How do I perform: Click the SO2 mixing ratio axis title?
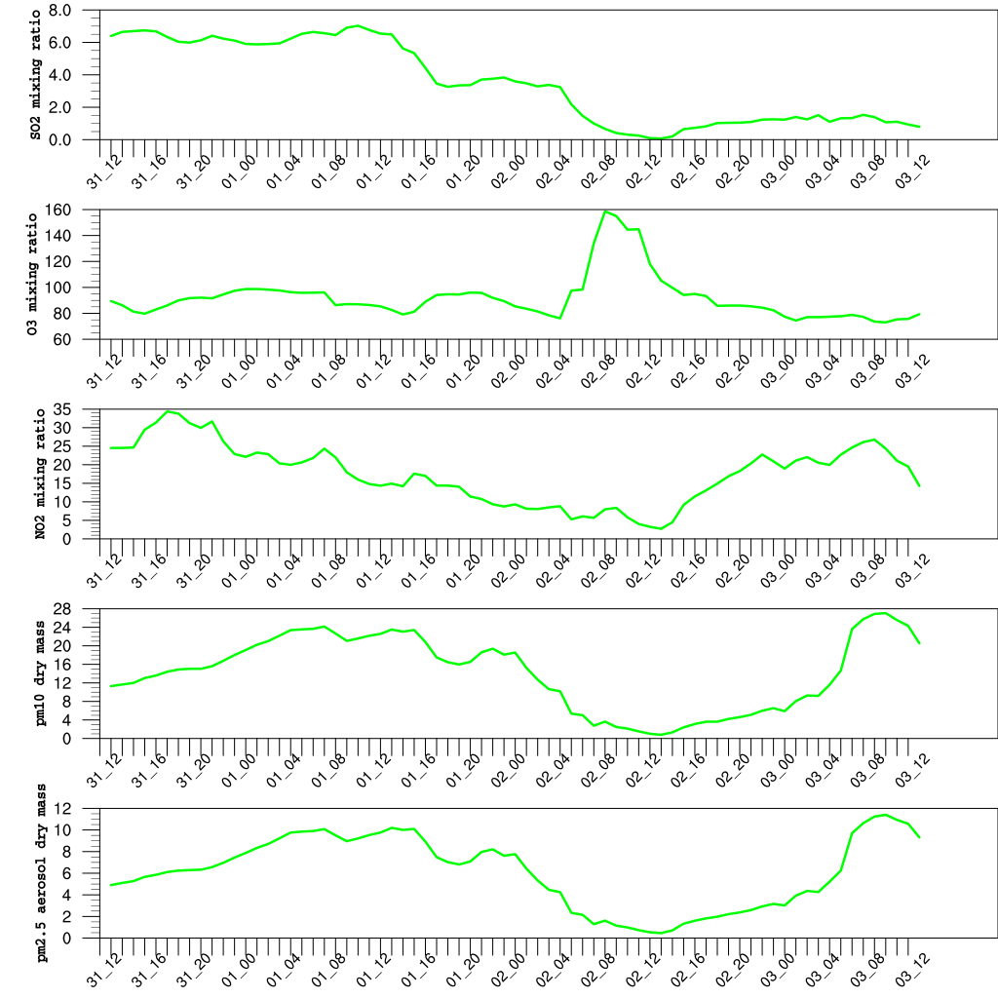(36, 74)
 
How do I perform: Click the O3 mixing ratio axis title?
(36, 275)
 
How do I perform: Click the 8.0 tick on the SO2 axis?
(59, 11)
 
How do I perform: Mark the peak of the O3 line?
(605, 211)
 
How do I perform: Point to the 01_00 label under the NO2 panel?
(238, 565)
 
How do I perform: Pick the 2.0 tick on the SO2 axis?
(59, 107)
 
